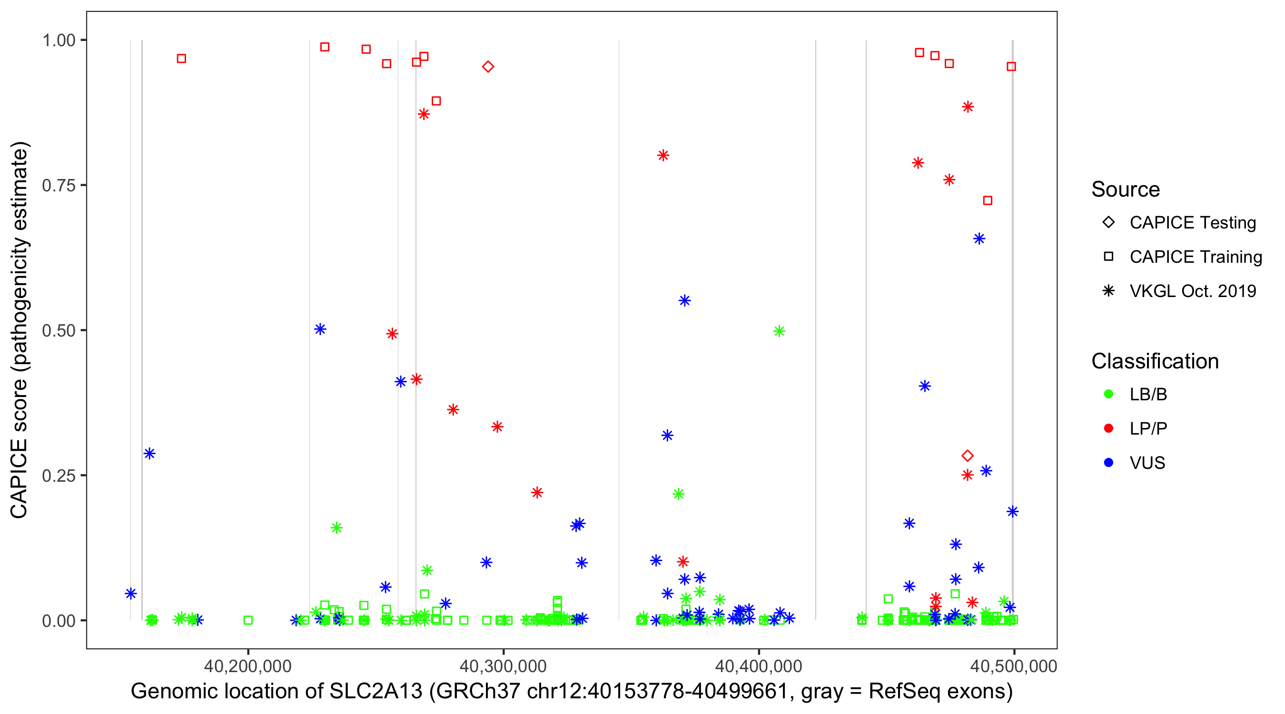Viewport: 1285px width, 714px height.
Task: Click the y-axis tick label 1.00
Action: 58,40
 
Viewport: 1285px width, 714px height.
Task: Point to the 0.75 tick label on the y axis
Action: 58,185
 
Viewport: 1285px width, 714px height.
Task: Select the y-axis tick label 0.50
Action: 58,330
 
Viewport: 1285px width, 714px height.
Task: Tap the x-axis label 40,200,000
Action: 248,666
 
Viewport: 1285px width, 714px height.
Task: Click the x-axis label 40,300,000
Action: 504,666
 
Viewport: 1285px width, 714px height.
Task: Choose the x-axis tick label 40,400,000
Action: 759,666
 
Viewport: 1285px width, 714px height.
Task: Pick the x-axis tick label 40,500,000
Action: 1014,666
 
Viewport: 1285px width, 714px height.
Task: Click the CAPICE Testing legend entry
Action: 1192,223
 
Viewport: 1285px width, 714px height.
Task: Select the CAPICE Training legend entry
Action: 1195,257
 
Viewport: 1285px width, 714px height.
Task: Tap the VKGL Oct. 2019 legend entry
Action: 1192,291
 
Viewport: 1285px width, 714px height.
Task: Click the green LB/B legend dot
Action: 1109,394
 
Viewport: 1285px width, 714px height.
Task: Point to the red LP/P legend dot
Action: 1109,428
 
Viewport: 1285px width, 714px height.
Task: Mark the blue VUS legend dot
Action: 1109,463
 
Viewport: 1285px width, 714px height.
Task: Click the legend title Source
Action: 1126,189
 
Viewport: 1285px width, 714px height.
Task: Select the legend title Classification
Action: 1155,361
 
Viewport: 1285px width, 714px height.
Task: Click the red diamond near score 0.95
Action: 488,67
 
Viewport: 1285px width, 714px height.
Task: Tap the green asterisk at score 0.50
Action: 779,331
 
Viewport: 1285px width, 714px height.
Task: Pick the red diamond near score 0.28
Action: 968,456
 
